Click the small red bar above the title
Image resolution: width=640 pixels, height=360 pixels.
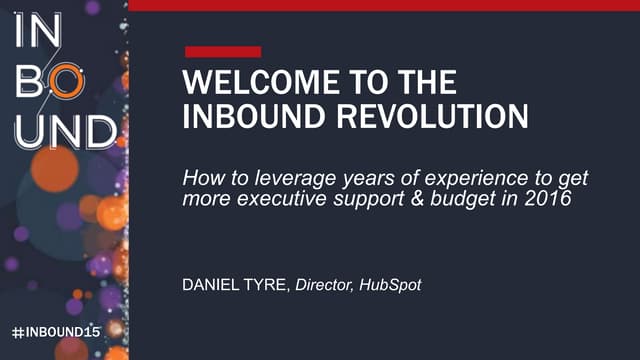[223, 51]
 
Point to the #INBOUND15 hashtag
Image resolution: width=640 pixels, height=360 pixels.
[57, 329]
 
